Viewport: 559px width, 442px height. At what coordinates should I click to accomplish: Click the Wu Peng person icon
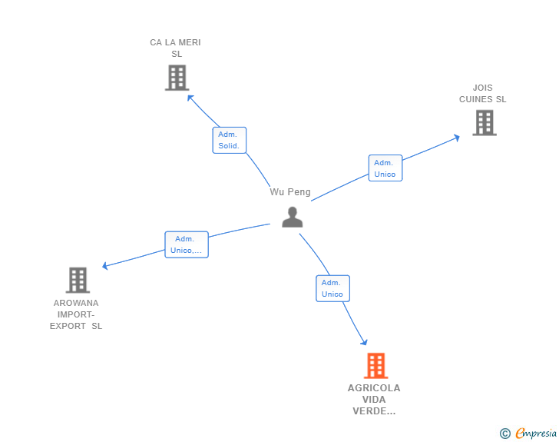293,217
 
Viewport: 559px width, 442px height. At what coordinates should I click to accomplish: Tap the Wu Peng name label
290,192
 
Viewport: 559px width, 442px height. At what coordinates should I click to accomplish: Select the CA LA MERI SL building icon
177,78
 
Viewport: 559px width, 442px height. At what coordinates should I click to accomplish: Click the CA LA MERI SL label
175,48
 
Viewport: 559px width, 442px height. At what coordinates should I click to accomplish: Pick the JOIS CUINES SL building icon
485,123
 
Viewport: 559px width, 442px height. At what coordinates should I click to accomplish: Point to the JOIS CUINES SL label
483,94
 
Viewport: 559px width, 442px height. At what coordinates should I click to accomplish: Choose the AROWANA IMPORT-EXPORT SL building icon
78,281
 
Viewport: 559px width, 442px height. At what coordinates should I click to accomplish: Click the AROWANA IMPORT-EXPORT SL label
76,314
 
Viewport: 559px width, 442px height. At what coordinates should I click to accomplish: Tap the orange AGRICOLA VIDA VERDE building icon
375,366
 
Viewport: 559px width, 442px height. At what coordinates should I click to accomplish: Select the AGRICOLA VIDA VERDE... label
374,400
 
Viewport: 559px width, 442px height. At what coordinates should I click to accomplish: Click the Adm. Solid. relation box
230,141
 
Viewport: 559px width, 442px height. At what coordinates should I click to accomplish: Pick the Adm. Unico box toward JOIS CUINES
385,168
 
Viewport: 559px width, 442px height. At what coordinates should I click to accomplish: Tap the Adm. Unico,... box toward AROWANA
187,244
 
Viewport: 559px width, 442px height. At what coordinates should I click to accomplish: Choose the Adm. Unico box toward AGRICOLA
332,288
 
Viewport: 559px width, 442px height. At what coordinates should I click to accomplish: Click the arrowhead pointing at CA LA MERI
190,98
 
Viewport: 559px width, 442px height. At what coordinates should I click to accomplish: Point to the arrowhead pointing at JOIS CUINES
456,138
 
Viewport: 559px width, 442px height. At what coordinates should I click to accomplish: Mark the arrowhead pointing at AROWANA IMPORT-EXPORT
105,266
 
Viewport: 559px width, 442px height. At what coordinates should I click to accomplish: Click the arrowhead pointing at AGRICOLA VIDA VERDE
364,342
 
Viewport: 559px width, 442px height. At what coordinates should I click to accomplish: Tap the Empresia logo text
536,433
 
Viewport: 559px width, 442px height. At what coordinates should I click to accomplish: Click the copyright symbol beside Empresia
504,434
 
